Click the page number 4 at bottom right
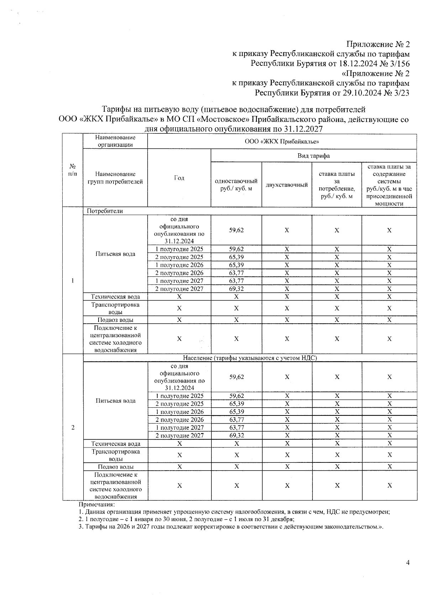408,563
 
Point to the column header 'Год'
179,178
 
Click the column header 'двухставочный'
287,185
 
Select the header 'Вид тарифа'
313,156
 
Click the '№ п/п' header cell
73,170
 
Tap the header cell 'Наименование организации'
115,141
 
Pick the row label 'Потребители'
105,211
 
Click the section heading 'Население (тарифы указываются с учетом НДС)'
250,358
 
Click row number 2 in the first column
73,428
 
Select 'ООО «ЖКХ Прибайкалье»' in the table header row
281,141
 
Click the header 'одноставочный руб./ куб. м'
236,185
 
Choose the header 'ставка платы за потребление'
337,185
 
